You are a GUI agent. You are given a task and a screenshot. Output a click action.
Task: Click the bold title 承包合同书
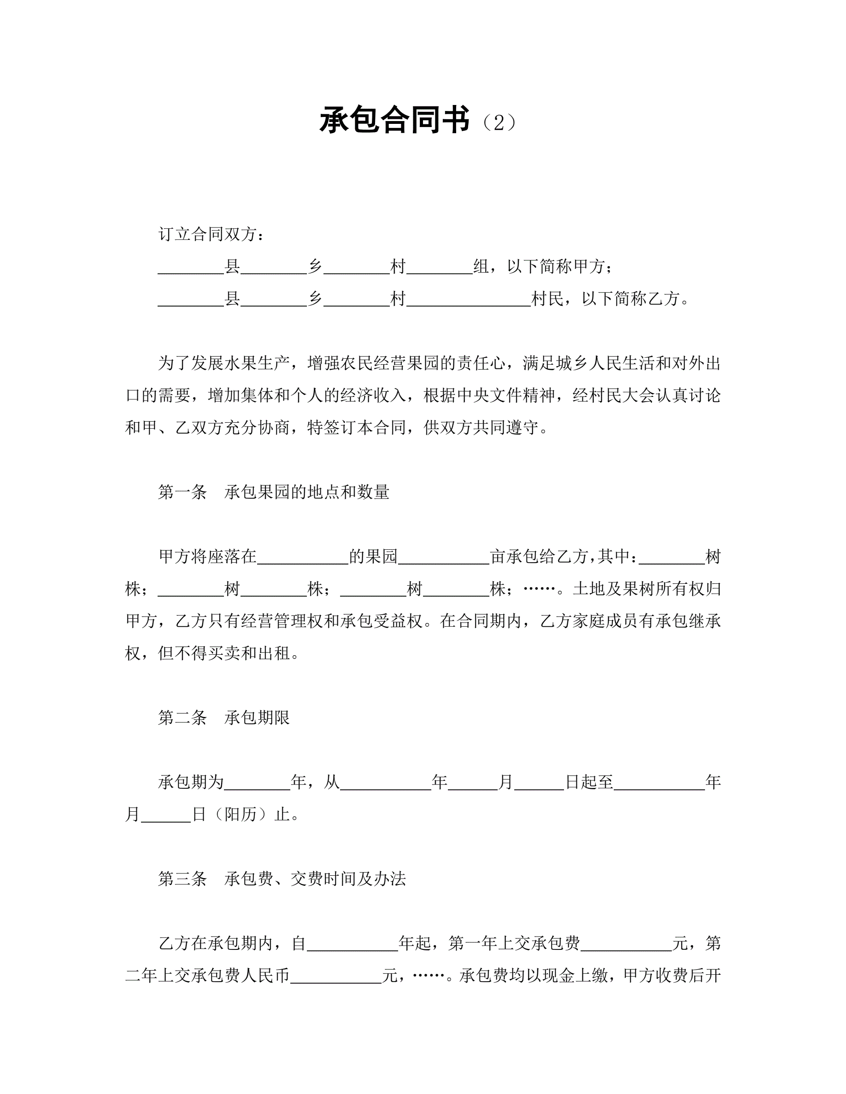[x=394, y=120]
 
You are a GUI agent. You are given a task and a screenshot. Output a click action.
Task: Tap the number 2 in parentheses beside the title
[x=498, y=122]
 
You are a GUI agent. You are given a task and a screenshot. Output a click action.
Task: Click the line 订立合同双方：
[x=211, y=234]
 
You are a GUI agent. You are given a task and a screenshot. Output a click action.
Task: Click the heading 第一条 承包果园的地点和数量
[x=274, y=492]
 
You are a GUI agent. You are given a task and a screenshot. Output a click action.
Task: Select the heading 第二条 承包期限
[x=223, y=717]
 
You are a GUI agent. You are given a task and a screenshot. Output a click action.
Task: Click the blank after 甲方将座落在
[x=303, y=558]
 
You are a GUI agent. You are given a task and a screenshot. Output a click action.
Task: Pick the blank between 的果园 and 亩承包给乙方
[x=444, y=558]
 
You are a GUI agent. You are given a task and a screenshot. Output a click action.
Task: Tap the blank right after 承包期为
[x=257, y=783]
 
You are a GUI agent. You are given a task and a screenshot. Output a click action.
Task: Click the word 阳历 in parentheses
[x=240, y=815]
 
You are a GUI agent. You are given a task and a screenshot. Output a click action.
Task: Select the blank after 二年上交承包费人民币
[x=336, y=976]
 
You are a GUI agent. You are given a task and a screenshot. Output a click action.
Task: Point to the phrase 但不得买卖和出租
[x=224, y=653]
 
